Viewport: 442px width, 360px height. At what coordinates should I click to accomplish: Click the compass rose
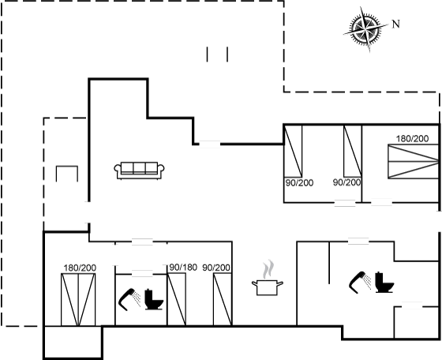[365, 29]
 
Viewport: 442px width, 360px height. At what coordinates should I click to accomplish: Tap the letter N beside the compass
[396, 24]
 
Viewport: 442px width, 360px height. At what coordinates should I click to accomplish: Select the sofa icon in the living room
[139, 171]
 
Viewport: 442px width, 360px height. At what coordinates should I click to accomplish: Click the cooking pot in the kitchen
[268, 287]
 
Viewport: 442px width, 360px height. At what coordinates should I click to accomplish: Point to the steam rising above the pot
[268, 269]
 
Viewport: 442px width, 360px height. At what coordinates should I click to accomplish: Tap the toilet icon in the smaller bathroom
[154, 300]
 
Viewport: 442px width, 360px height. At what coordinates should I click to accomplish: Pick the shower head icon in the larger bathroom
[360, 283]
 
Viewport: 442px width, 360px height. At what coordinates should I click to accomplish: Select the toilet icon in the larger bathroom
[384, 282]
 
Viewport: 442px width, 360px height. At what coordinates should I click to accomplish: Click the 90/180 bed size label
[183, 268]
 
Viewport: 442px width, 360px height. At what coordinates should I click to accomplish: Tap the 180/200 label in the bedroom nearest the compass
[412, 139]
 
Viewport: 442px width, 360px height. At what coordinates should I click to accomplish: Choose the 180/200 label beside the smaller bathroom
[80, 268]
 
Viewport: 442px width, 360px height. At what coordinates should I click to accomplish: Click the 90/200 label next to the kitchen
[216, 268]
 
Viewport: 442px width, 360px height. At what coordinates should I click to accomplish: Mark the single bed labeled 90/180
[177, 299]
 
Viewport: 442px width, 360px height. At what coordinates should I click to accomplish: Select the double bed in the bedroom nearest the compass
[414, 162]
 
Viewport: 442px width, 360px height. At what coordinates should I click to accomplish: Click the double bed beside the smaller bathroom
[78, 300]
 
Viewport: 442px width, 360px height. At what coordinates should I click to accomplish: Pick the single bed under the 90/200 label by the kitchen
[223, 299]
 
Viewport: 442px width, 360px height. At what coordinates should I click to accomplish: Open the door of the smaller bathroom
[142, 273]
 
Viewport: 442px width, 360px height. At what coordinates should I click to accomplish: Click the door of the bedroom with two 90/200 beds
[345, 203]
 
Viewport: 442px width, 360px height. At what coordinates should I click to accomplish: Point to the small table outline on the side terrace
[67, 174]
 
